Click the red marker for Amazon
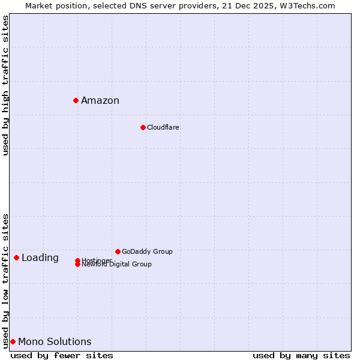[76, 100]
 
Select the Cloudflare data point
[143, 127]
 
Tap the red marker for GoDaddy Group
[118, 251]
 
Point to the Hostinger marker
[78, 260]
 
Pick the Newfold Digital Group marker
[78, 264]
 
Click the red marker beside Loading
[16, 257]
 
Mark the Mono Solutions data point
[13, 341]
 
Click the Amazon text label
[100, 101]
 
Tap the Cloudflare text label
[163, 127]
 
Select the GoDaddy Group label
[147, 251]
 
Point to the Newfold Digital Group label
[117, 265]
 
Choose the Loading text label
[40, 258]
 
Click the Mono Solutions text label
[55, 342]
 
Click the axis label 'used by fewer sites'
[62, 355]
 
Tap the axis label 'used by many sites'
[301, 355]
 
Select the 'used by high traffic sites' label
[6, 85]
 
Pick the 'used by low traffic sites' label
[6, 280]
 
